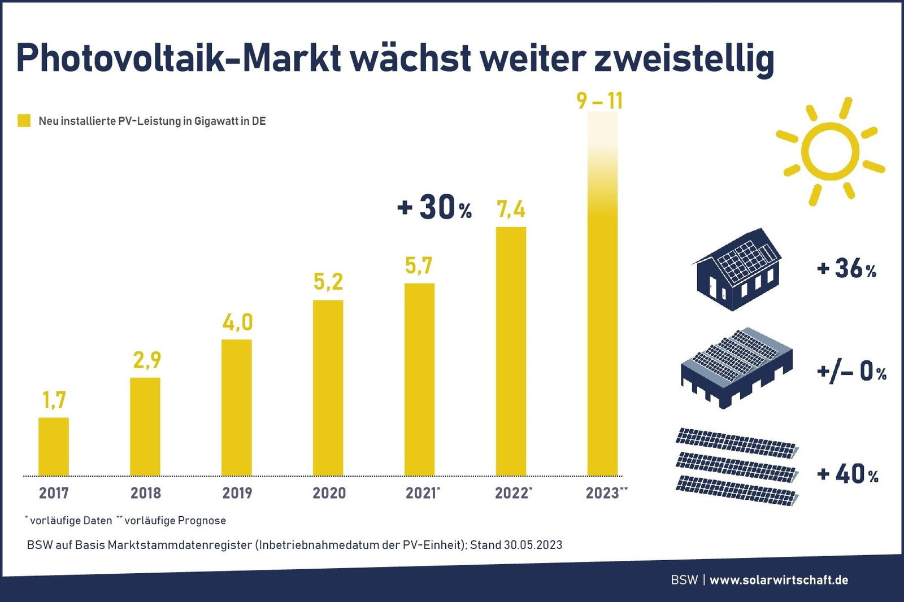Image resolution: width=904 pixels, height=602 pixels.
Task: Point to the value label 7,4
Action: click(x=511, y=210)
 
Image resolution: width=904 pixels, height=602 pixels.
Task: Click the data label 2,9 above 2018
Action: click(x=147, y=360)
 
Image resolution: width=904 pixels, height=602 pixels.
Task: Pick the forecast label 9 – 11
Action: click(x=599, y=101)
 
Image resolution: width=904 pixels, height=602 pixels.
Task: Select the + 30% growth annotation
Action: click(x=434, y=207)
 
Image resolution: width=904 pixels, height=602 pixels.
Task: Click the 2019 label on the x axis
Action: click(x=237, y=493)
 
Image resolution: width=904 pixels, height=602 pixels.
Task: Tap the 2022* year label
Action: click(x=513, y=493)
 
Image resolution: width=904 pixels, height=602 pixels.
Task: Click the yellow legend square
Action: click(x=24, y=120)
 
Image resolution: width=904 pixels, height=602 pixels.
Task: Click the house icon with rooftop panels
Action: click(x=737, y=269)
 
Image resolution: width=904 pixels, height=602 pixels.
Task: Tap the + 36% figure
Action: click(x=846, y=269)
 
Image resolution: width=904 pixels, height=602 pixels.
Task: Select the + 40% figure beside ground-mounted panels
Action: click(x=847, y=474)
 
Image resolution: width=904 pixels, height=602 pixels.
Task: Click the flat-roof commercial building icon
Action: click(x=736, y=367)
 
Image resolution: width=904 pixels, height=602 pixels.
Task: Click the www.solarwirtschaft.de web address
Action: click(x=779, y=580)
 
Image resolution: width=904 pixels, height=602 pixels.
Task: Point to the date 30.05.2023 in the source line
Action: click(x=533, y=545)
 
